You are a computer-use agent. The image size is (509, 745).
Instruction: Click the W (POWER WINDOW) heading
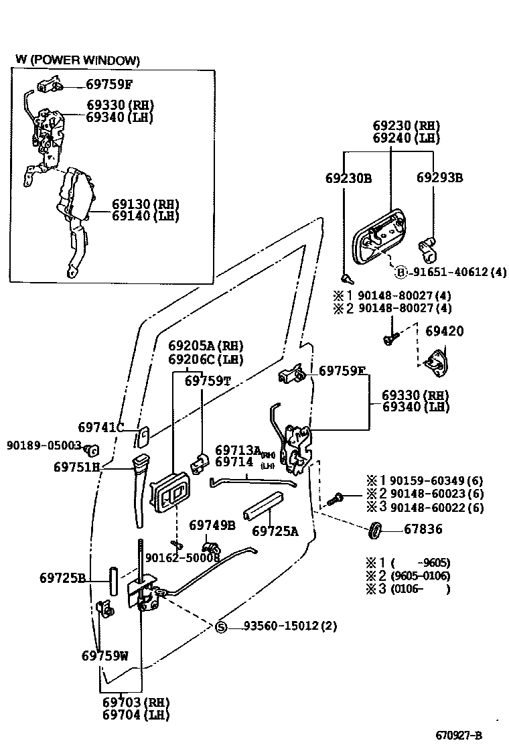pos(78,61)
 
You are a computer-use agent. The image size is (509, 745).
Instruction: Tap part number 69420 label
pos(443,332)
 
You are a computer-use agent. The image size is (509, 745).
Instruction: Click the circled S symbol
pos(222,627)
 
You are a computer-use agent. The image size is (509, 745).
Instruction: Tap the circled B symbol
pos(401,272)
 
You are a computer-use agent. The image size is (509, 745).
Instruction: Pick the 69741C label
pos(100,427)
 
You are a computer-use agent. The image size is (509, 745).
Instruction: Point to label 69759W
pos(104,655)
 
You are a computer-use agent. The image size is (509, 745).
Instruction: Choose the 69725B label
pos(62,577)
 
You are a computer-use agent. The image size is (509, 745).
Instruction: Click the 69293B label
pos(439,178)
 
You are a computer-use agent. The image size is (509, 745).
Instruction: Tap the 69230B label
pos(348,178)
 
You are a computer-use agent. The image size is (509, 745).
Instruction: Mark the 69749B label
pos(212,525)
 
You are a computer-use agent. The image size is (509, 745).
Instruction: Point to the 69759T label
pos(208,381)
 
